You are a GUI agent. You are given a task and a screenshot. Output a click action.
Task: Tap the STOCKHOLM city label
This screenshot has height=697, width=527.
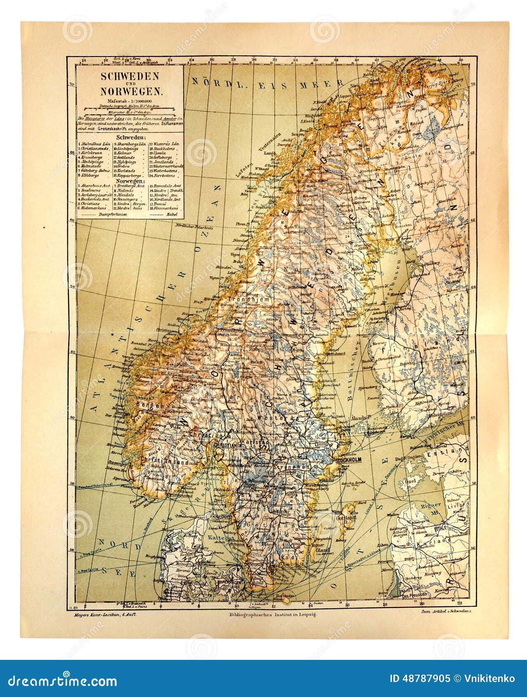[348, 460]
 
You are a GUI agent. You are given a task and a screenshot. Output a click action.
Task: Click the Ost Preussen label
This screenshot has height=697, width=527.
[416, 595]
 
